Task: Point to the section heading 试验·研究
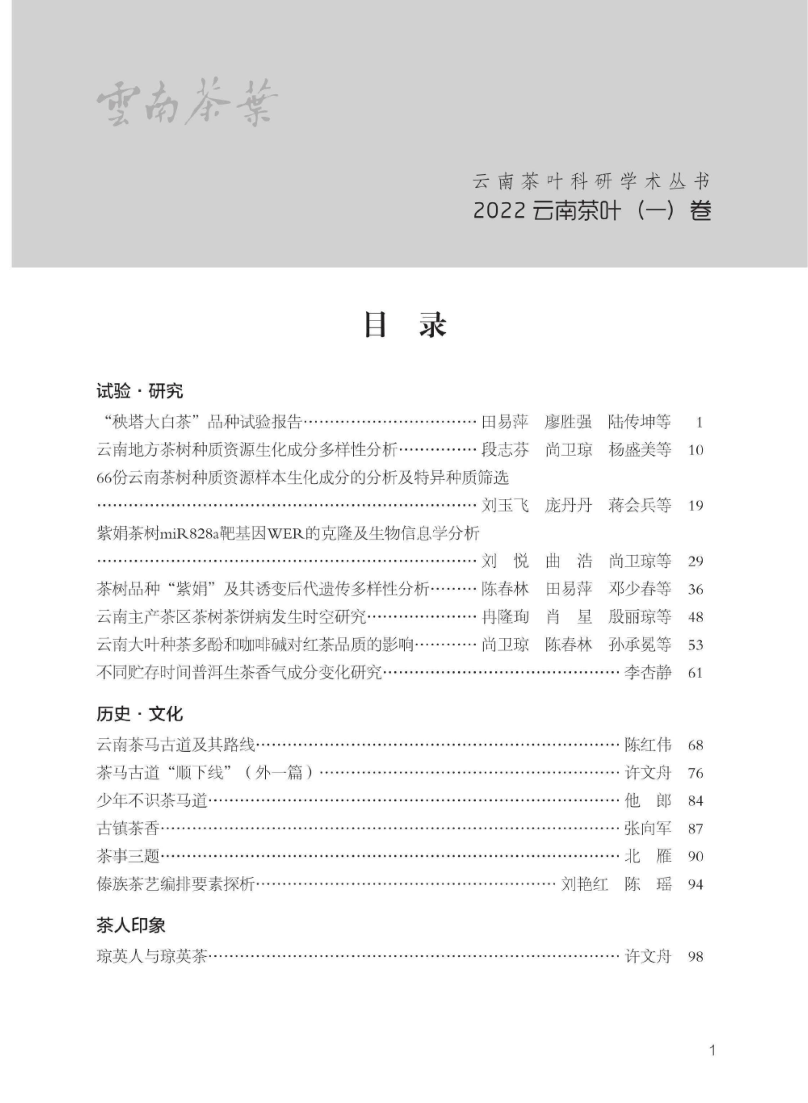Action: (x=140, y=391)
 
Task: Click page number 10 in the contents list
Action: (x=695, y=450)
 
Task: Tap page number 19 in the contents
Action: (x=695, y=506)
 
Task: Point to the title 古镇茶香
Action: (x=128, y=829)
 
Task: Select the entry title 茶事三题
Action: (x=128, y=857)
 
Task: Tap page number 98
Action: (x=695, y=956)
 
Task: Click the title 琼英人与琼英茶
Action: (x=152, y=956)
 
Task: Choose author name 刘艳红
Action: (x=584, y=884)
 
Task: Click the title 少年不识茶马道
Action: (x=152, y=801)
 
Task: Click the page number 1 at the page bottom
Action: (x=712, y=1050)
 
